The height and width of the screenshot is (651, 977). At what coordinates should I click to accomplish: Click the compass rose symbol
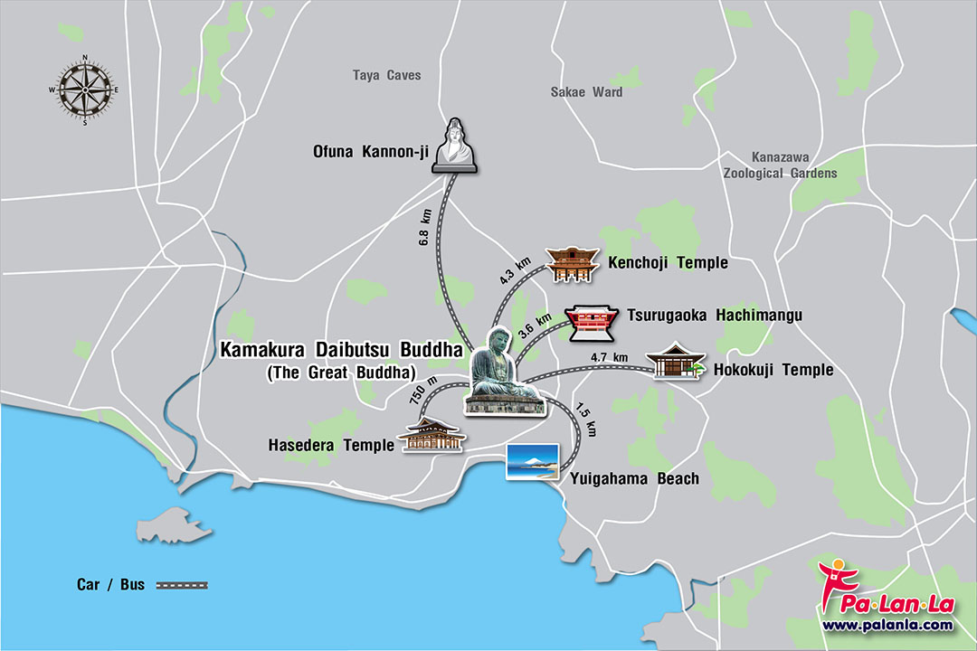(x=85, y=90)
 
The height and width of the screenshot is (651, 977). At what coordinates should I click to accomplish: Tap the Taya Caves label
(x=386, y=75)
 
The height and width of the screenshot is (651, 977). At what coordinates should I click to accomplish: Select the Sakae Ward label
(x=586, y=91)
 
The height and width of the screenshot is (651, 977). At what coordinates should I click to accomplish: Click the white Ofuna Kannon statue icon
(x=454, y=146)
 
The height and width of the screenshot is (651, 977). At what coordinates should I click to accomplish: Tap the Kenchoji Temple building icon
(x=568, y=263)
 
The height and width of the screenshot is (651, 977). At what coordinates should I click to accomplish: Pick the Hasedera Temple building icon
(x=433, y=435)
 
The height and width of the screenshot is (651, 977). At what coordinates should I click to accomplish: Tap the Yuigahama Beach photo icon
(x=531, y=460)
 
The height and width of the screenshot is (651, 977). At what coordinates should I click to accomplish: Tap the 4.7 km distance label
(x=608, y=357)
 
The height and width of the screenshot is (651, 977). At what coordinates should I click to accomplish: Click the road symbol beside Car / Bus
(x=182, y=585)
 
